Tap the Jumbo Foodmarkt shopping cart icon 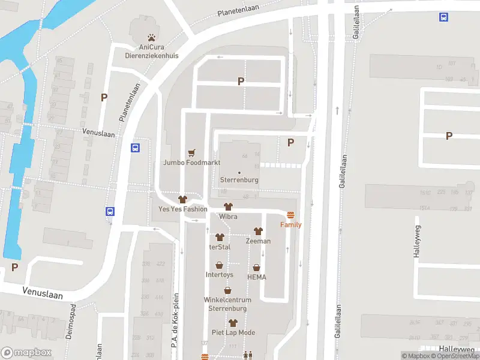(192, 153)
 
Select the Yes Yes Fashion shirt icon (183, 199)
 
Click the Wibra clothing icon (228, 206)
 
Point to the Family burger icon (291, 215)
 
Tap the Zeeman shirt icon (258, 231)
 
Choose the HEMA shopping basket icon (257, 268)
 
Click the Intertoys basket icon (220, 265)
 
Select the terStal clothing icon (220, 237)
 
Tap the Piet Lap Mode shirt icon (233, 323)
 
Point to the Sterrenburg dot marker (239, 173)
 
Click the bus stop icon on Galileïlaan (443, 17)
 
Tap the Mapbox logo (26, 352)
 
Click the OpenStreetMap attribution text (453, 356)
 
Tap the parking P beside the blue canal (14, 267)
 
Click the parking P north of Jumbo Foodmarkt (241, 81)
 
